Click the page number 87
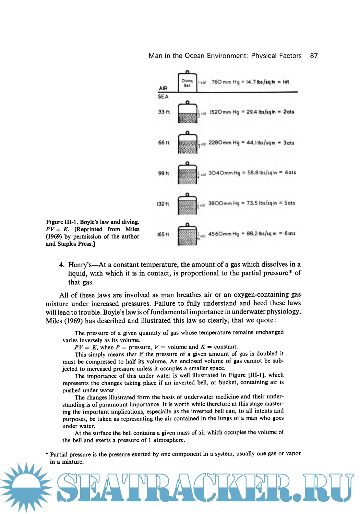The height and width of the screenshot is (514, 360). tap(314, 56)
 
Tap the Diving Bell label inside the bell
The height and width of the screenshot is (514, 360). tap(187, 83)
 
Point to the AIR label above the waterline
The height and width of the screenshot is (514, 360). tap(163, 88)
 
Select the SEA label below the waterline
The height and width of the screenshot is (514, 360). tap(163, 97)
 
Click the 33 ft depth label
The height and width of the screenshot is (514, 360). tap(164, 112)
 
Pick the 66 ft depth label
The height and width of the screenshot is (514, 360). tap(164, 143)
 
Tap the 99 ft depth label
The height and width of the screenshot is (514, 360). tap(164, 173)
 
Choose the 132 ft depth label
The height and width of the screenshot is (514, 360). tap(163, 204)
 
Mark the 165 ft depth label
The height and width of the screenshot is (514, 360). tap(163, 234)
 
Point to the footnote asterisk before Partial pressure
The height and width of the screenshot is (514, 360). tap(47, 454)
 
